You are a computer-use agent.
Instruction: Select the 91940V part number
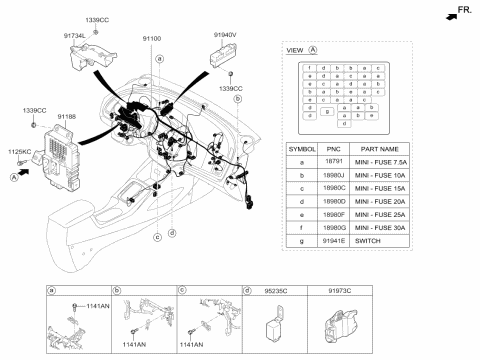(226, 34)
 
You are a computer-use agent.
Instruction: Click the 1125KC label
(19, 151)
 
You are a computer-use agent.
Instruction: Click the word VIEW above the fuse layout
(295, 49)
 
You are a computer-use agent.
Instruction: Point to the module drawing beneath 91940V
(223, 56)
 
